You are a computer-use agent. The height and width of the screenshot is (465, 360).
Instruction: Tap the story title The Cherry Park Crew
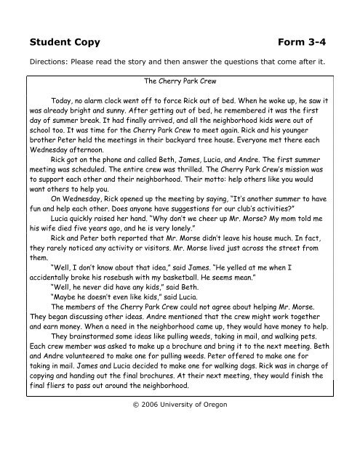coord(180,83)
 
